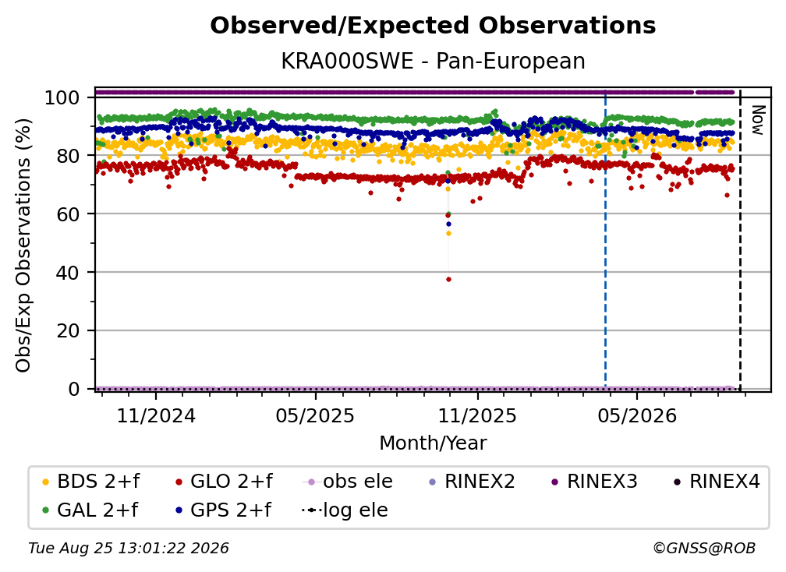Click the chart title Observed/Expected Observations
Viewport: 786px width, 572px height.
click(x=433, y=26)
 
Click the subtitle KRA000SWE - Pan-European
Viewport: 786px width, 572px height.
click(x=433, y=62)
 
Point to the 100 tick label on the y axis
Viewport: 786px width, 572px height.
click(x=62, y=97)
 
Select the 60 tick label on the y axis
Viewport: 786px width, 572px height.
click(x=68, y=214)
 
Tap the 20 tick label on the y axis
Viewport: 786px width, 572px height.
click(x=68, y=331)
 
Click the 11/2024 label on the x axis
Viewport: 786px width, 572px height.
click(x=156, y=416)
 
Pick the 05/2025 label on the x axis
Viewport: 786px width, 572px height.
click(x=315, y=416)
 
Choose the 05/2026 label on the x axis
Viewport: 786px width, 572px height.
click(x=637, y=416)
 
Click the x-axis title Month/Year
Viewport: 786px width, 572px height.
click(x=433, y=443)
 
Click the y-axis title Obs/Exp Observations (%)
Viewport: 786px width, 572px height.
click(x=23, y=245)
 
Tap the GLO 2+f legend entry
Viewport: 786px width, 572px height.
click(x=224, y=482)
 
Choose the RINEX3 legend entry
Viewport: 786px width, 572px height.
click(x=594, y=482)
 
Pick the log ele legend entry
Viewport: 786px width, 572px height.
click(x=345, y=510)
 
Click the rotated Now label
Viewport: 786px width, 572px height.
click(x=758, y=120)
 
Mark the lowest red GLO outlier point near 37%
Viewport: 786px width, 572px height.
click(x=448, y=280)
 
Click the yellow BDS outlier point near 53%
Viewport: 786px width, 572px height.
click(x=448, y=234)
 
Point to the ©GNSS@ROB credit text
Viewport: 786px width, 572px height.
click(x=704, y=549)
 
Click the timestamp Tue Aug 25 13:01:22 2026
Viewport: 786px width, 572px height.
click(x=129, y=549)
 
